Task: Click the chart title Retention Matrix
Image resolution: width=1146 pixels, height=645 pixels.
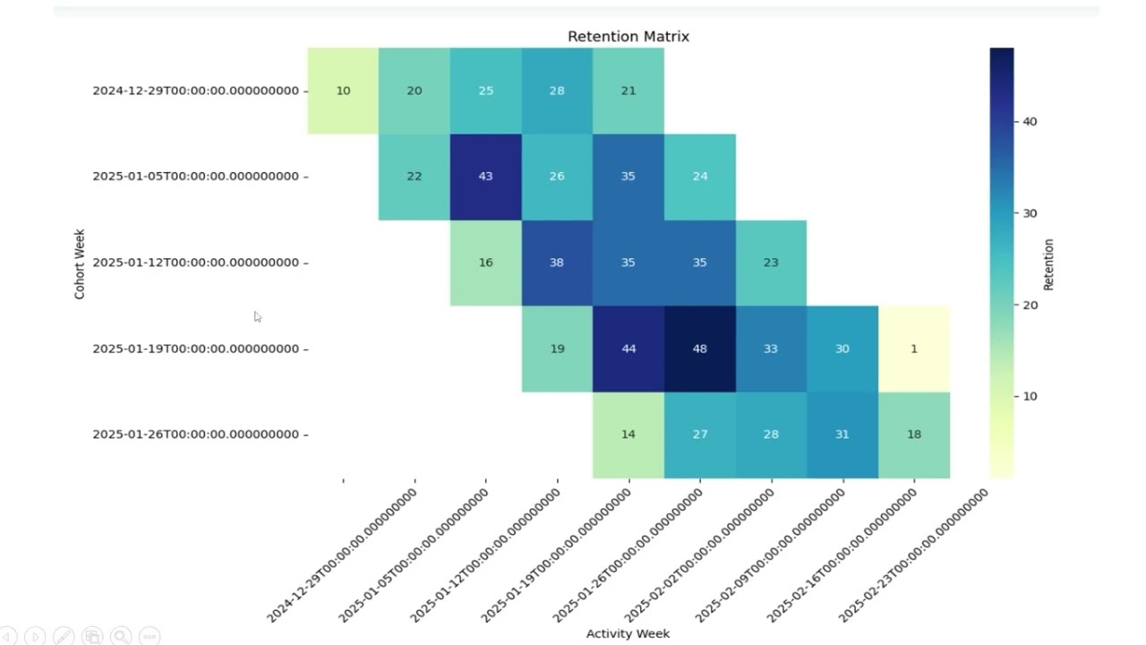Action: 628,37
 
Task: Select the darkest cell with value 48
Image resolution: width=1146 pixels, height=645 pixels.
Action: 699,348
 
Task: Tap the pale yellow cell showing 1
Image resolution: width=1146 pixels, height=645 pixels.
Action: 913,348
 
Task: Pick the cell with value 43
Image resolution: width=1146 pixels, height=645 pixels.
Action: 485,176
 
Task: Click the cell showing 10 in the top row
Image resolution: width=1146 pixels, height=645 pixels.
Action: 343,90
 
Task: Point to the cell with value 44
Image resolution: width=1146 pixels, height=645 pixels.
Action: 628,348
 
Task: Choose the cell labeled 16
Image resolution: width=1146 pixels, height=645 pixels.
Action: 485,262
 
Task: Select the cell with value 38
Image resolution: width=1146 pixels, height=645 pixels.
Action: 557,262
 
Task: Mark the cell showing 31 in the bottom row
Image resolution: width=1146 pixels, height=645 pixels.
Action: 842,434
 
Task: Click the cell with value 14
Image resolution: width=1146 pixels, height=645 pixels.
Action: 628,434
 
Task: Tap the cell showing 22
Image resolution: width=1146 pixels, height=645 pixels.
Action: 414,176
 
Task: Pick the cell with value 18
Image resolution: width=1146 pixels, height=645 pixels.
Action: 913,434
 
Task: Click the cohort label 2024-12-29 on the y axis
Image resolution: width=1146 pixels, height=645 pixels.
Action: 195,90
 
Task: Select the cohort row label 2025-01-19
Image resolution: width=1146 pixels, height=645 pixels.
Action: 195,348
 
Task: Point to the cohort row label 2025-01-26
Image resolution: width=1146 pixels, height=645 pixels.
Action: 195,434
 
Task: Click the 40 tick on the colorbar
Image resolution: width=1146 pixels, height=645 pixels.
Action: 1029,122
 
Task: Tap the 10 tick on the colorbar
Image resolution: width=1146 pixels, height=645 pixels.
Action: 1029,396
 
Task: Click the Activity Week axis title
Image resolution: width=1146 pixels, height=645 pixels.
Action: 628,633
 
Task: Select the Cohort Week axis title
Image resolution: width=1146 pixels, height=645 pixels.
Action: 80,262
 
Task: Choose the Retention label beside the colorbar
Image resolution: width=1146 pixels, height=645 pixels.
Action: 1048,264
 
